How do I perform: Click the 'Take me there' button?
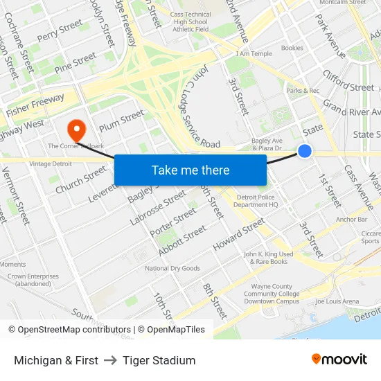pos(190,170)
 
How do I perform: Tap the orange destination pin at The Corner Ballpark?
pos(76,128)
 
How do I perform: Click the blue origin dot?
pos(304,151)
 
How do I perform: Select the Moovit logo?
pos(339,360)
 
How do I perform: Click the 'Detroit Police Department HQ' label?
pos(255,201)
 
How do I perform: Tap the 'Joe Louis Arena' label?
pos(337,302)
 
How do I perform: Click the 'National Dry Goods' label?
pos(172,268)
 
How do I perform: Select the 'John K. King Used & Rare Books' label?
pos(269,258)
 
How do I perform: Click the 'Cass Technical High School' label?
pos(190,22)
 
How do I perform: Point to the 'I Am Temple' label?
pos(254,53)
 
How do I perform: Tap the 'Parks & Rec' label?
pos(303,90)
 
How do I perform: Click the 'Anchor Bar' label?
pos(352,220)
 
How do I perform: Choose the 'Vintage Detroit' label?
pos(51,163)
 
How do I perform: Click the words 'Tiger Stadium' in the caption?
pos(159,360)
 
